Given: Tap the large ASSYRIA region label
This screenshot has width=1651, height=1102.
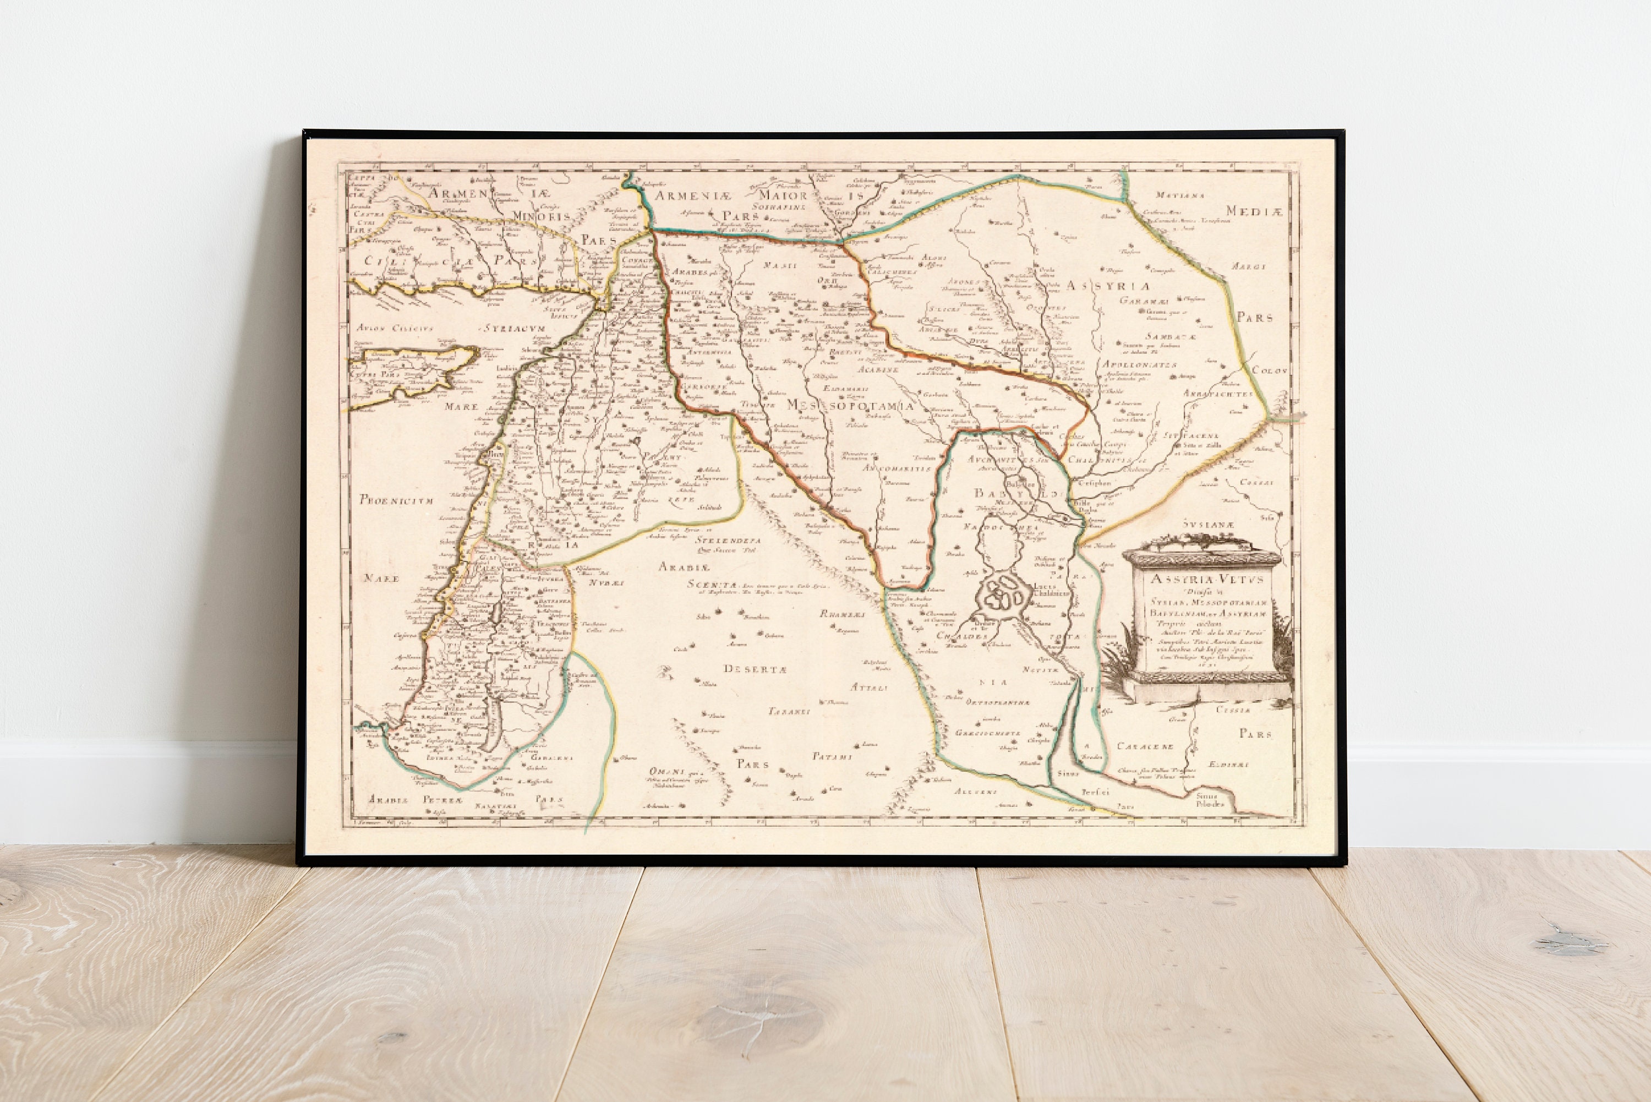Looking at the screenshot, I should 1107,286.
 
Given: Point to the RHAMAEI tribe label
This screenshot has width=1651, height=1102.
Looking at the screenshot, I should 841,614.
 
